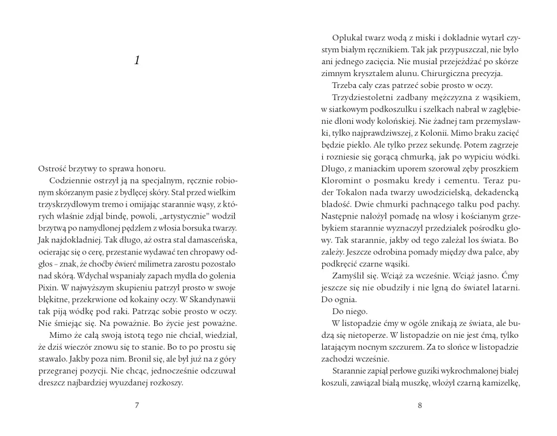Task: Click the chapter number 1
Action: pyautogui.click(x=137, y=61)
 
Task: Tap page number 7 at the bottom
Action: pyautogui.click(x=137, y=405)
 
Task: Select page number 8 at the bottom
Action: pyautogui.click(x=420, y=405)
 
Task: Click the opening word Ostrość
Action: pyautogui.click(x=54, y=169)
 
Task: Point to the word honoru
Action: pyautogui.click(x=149, y=169)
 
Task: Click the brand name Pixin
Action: pyautogui.click(x=48, y=288)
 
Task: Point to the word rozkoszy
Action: pyautogui.click(x=167, y=382)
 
